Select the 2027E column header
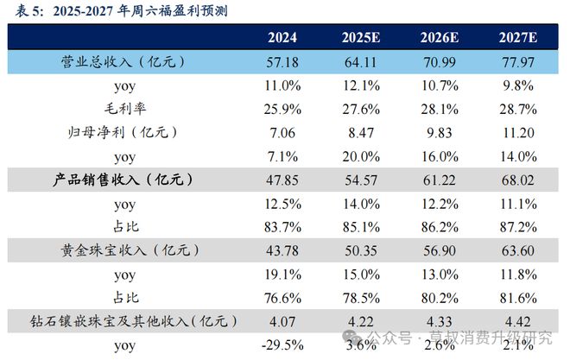[518, 38]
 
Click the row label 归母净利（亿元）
[126, 133]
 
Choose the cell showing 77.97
[518, 64]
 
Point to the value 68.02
[518, 180]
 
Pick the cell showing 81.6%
[518, 297]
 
